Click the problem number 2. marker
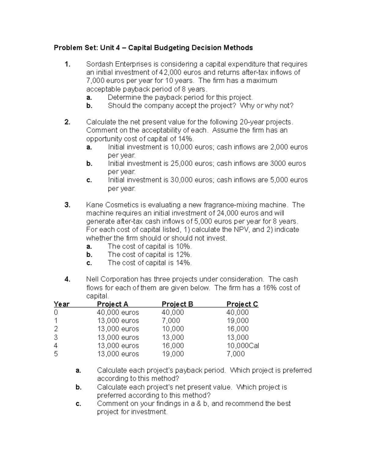point(67,122)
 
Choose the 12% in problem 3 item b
point(184,254)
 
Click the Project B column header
point(177,304)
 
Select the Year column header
point(61,304)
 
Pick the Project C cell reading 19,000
point(237,321)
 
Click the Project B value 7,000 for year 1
point(171,321)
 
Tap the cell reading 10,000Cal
point(243,346)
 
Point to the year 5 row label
point(56,354)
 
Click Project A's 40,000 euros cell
point(118,312)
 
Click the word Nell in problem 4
point(92,279)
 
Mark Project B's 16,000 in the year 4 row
point(173,346)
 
